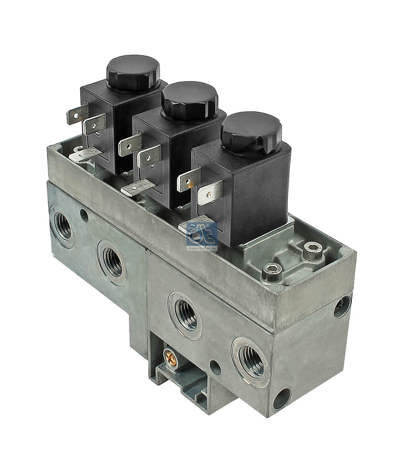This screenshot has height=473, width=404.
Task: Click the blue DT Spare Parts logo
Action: coord(203,237)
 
